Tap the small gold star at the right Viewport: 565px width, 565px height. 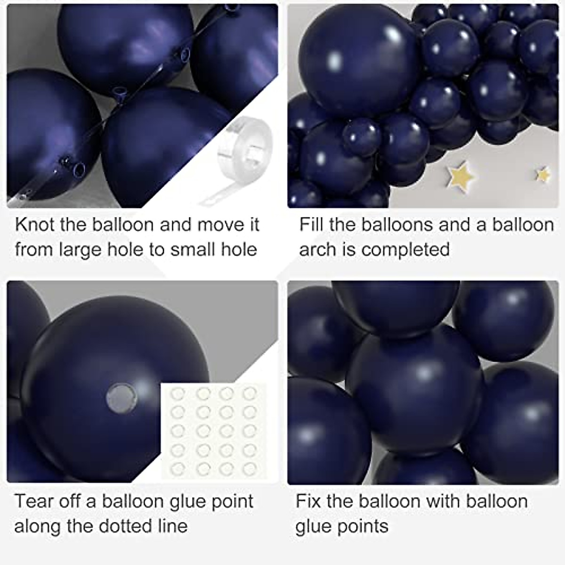544,174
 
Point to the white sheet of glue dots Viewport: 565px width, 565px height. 214,429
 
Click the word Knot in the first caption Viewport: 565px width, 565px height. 34,225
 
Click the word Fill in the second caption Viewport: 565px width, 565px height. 311,225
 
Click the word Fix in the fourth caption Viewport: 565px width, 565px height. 308,501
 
